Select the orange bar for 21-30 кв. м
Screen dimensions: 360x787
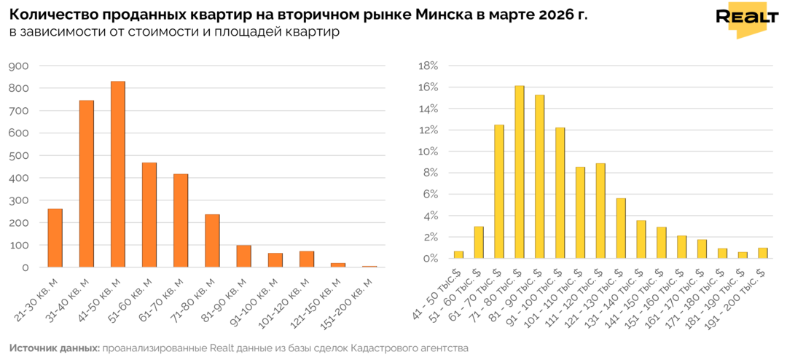tap(55, 237)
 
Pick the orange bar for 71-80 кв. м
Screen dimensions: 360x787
tap(212, 240)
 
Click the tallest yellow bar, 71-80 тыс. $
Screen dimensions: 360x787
tap(520, 171)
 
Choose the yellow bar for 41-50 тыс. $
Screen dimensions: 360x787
tap(458, 254)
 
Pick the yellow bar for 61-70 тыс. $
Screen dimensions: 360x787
tap(499, 191)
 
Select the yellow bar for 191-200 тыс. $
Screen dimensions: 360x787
tap(762, 252)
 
